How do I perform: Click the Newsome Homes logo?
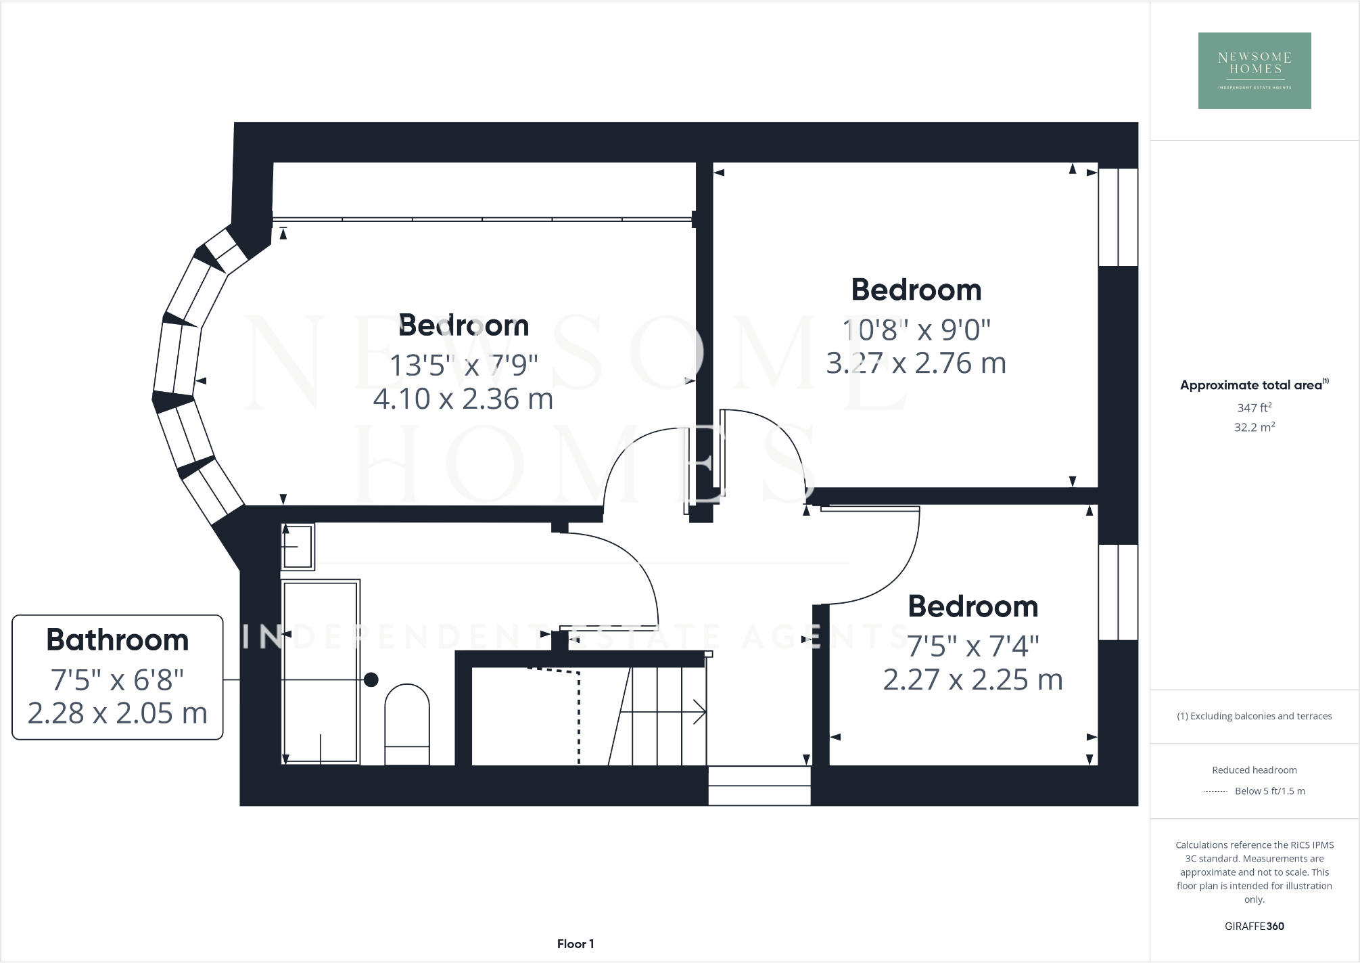[1254, 70]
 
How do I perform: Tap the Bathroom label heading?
[117, 640]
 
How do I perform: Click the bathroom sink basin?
[298, 546]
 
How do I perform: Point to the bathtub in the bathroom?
[320, 671]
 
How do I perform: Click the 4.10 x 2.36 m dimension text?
[463, 399]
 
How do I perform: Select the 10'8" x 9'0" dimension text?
[916, 330]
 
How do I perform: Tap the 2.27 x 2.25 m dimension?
[972, 679]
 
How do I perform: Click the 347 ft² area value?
[1254, 407]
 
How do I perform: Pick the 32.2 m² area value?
[1254, 427]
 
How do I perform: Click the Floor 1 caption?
[576, 943]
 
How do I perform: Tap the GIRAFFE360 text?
[1254, 926]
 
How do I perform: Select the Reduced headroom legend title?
[1254, 770]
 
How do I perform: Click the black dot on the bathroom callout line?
[371, 679]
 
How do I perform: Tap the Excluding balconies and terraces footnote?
[1254, 716]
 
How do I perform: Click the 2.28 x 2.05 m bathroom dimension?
[117, 713]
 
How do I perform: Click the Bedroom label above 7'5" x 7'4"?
[972, 606]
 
